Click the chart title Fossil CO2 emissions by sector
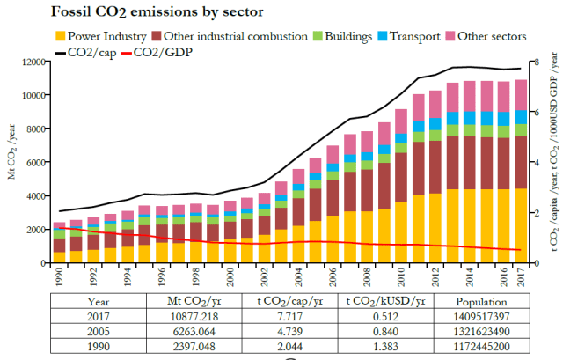[142, 12]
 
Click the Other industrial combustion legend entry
[230, 36]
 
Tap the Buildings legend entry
[343, 36]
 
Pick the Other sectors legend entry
[489, 36]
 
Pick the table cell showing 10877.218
[194, 315]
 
